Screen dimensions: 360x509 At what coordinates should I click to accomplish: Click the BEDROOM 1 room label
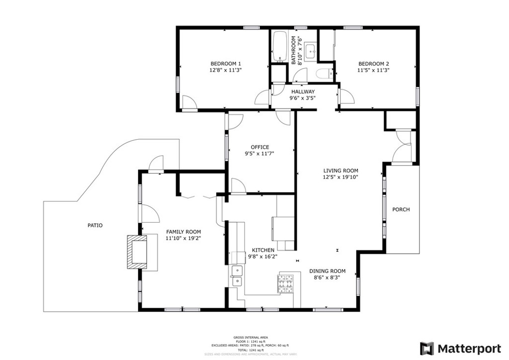(226, 64)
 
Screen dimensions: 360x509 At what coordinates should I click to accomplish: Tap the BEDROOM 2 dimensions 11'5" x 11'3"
(374, 71)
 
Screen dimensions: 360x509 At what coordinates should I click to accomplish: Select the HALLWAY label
(303, 92)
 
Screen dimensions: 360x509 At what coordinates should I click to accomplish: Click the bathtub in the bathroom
(279, 47)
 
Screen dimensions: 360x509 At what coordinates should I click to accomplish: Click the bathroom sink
(311, 51)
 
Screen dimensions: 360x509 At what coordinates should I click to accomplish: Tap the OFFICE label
(259, 147)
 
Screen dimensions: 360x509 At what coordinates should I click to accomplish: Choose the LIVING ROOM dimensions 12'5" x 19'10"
(340, 177)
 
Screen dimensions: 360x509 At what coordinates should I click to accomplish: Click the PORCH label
(401, 210)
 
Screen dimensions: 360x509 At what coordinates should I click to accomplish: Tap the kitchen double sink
(237, 276)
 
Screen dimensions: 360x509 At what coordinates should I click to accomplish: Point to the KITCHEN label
(263, 250)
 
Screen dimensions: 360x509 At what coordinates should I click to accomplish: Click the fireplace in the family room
(138, 253)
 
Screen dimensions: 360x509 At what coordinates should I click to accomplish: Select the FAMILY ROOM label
(183, 232)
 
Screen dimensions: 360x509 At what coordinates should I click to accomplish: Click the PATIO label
(95, 226)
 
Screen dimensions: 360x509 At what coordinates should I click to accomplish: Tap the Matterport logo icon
(426, 348)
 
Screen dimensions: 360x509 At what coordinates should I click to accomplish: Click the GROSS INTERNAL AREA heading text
(247, 337)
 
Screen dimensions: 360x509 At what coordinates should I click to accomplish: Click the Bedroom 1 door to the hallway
(262, 97)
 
